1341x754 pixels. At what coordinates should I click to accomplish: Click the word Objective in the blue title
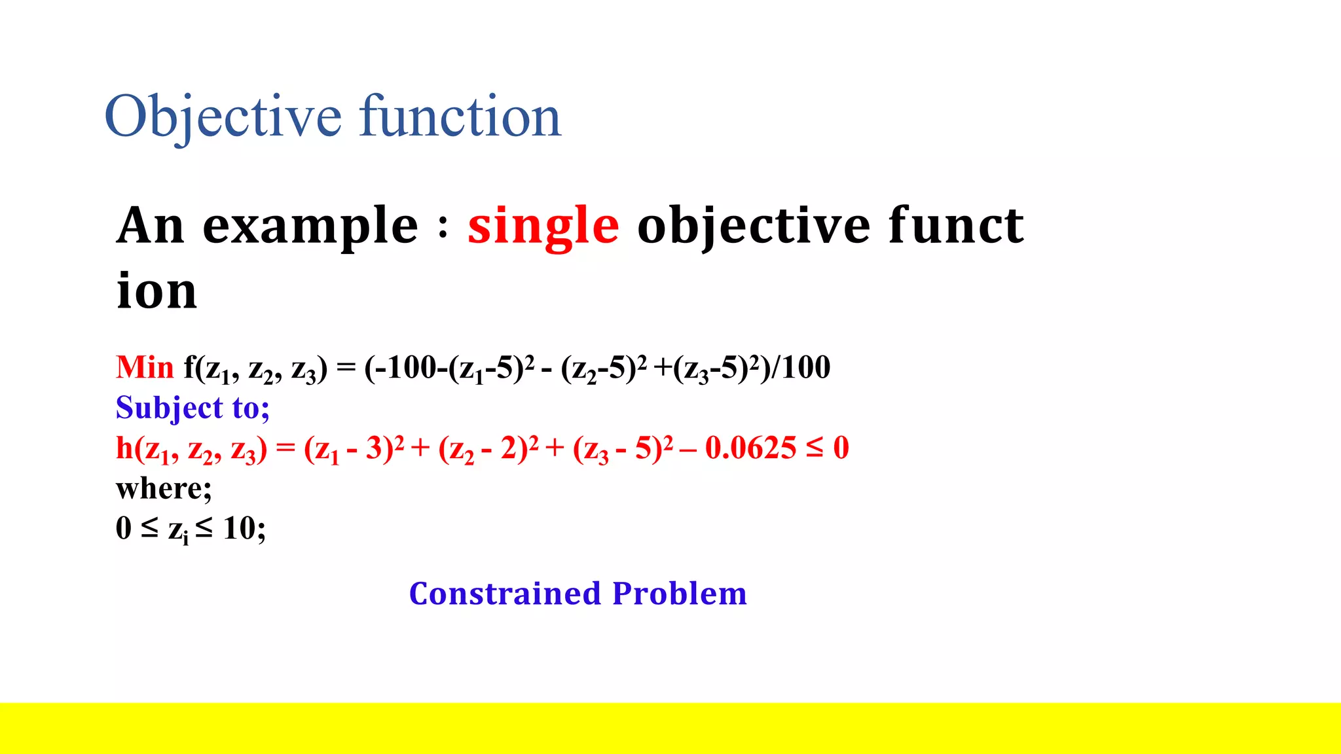[223, 118]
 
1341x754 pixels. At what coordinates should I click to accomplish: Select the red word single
[543, 226]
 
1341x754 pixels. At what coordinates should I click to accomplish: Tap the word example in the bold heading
[310, 226]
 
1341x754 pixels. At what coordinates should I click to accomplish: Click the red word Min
[145, 368]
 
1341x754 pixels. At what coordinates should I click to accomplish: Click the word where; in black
[164, 488]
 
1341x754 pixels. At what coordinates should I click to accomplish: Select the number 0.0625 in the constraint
[750, 448]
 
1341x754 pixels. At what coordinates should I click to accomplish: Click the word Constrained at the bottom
[505, 594]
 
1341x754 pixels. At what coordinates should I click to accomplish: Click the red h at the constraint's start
[124, 448]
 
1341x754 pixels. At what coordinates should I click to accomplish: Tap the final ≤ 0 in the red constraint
[828, 448]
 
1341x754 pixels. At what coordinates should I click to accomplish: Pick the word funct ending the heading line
[955, 225]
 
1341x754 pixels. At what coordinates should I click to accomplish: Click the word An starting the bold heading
[150, 225]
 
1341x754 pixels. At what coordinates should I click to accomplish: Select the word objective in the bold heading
[754, 226]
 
